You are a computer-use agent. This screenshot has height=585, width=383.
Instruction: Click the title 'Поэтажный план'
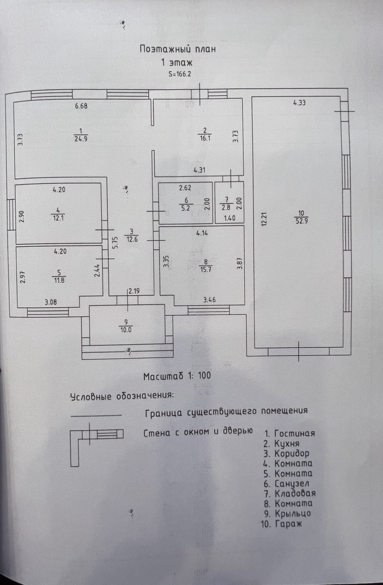click(177, 49)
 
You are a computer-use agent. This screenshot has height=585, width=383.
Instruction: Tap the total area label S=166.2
click(179, 74)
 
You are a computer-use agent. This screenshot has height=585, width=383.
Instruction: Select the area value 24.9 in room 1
click(81, 138)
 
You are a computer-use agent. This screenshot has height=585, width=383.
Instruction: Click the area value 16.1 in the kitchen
click(205, 138)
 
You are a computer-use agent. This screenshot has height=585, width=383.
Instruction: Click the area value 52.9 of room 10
click(301, 221)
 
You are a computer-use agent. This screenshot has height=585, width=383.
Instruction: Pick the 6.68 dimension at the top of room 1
click(81, 107)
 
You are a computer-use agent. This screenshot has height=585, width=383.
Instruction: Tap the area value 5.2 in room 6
click(186, 208)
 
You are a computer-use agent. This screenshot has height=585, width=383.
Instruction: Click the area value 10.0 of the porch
click(126, 330)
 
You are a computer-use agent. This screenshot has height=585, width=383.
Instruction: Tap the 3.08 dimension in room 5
click(51, 302)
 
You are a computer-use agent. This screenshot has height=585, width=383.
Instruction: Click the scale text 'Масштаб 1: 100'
click(177, 376)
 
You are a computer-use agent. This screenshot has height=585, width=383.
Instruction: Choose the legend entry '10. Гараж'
click(282, 524)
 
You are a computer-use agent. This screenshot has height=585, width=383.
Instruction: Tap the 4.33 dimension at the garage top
click(299, 103)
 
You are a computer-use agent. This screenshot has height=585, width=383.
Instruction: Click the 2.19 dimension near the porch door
click(134, 291)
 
